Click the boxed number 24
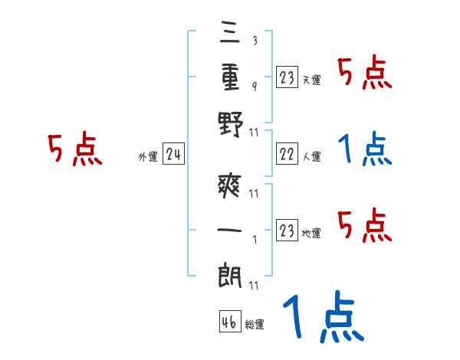click(x=173, y=156)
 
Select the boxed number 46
click(x=229, y=322)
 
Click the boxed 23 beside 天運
click(x=287, y=77)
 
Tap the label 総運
click(x=255, y=325)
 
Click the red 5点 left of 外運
click(x=75, y=149)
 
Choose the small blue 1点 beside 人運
click(x=365, y=149)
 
